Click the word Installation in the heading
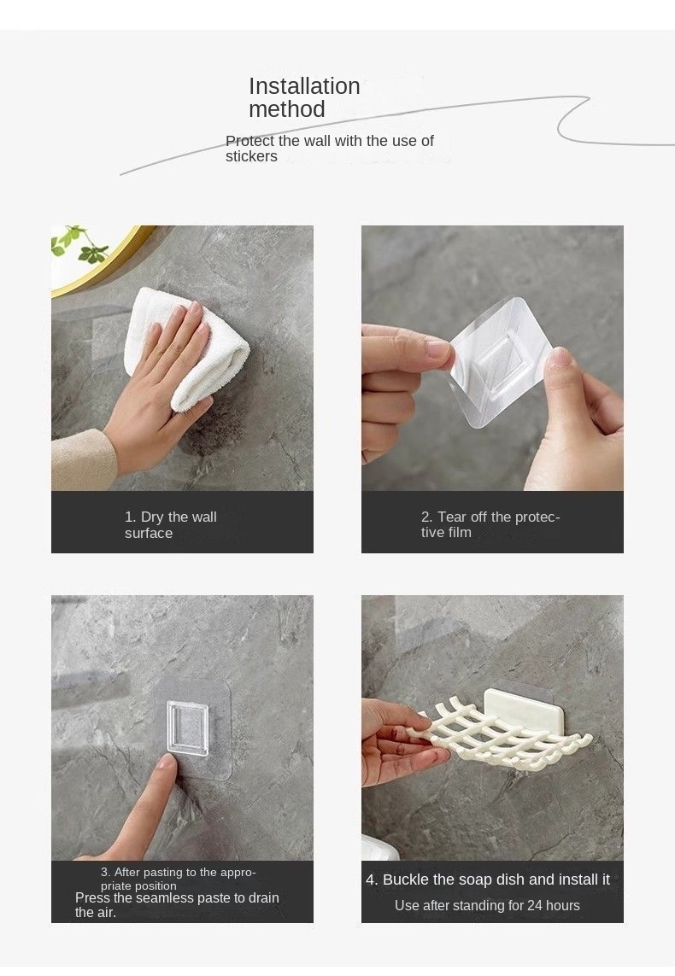tap(304, 86)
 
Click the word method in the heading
tap(287, 109)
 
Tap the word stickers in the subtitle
tap(251, 156)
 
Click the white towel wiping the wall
tap(187, 348)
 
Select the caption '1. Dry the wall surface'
tap(171, 525)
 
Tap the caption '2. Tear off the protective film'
tap(490, 524)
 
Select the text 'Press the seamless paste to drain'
tap(177, 897)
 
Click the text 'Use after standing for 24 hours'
tap(487, 906)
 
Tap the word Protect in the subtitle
tap(249, 141)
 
